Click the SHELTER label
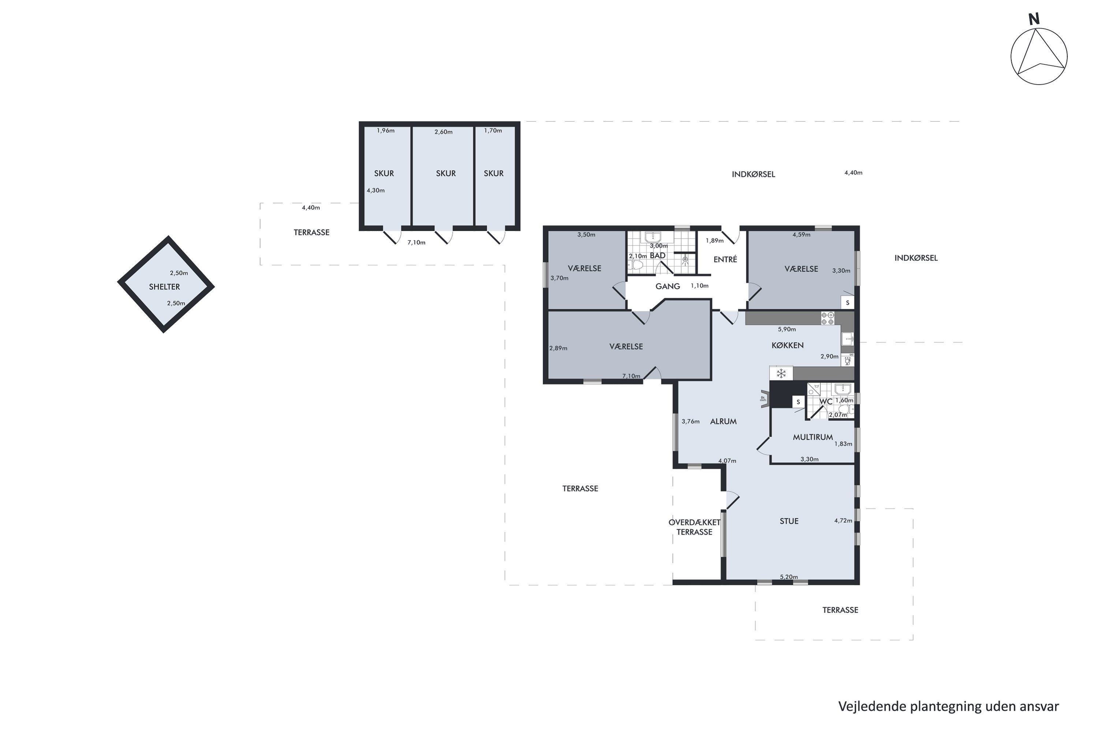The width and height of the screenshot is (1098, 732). pyautogui.click(x=164, y=287)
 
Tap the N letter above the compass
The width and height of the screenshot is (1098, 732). pyautogui.click(x=1034, y=19)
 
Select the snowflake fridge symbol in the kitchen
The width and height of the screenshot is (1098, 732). pyautogui.click(x=781, y=373)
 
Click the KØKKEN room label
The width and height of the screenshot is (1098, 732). pyautogui.click(x=788, y=346)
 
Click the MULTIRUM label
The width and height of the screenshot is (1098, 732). pyautogui.click(x=813, y=437)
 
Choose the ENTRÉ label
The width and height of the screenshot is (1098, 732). pyautogui.click(x=725, y=259)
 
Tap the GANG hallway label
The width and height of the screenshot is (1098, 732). pyautogui.click(x=668, y=286)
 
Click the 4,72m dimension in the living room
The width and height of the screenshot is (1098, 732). pyautogui.click(x=843, y=520)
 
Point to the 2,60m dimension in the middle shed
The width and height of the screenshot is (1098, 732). pyautogui.click(x=444, y=132)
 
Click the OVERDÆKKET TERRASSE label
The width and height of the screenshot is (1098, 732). pyautogui.click(x=695, y=527)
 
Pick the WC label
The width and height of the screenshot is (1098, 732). pyautogui.click(x=826, y=402)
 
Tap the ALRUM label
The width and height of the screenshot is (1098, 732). pyautogui.click(x=723, y=422)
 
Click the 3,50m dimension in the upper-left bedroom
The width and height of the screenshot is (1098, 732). pyautogui.click(x=586, y=235)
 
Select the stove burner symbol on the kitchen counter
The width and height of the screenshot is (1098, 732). pyautogui.click(x=827, y=318)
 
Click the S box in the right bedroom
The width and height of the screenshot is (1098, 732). pyautogui.click(x=847, y=303)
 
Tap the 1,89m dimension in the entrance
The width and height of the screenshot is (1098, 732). pyautogui.click(x=714, y=241)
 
